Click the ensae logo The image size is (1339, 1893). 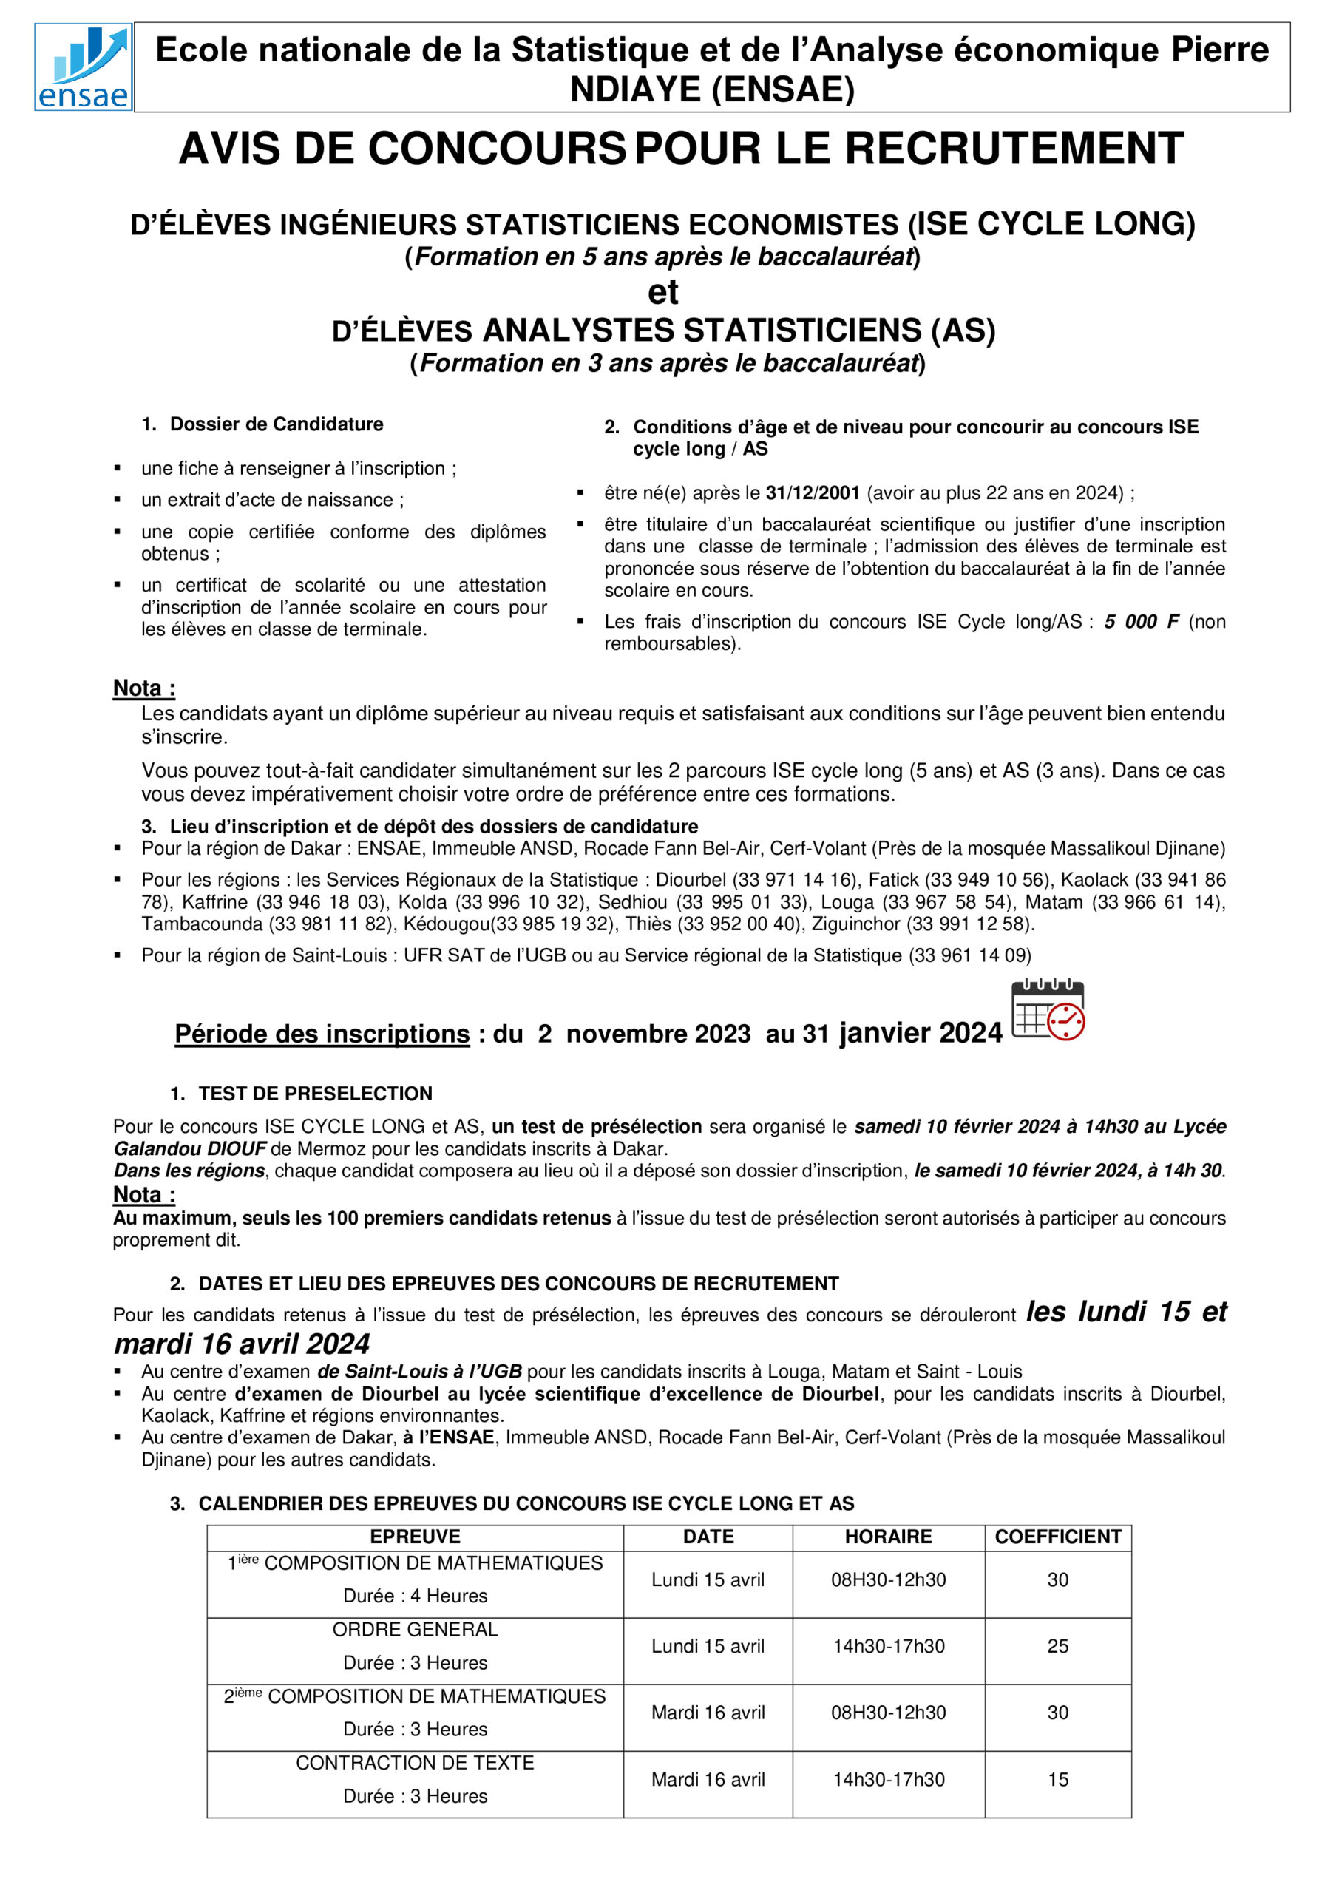84,67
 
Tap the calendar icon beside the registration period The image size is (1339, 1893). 1047,1010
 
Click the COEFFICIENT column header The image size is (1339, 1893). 1057,1537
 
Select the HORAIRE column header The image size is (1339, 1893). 888,1537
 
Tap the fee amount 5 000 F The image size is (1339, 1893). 1141,622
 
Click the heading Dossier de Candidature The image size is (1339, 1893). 277,424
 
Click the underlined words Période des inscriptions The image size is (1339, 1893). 322,1034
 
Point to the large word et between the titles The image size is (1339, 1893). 663,292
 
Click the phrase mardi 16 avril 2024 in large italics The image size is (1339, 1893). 242,1344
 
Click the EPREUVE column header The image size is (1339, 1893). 415,1537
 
